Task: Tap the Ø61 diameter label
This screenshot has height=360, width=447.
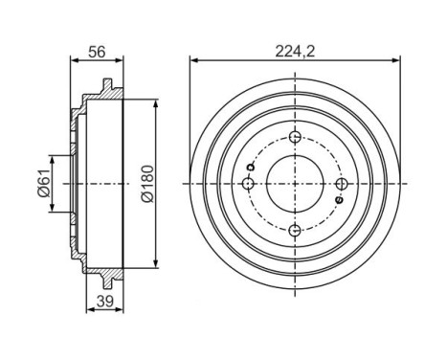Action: point(42,182)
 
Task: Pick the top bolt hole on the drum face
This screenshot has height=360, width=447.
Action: point(295,136)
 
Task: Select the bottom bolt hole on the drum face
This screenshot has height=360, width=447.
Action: point(295,229)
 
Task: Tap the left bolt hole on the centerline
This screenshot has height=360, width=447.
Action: point(248,183)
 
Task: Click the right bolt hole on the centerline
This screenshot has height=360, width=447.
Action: point(342,183)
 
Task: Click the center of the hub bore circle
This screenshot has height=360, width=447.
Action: point(295,183)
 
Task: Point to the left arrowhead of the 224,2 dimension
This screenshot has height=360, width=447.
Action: point(195,60)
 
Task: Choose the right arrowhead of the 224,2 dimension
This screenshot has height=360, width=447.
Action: point(394,60)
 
